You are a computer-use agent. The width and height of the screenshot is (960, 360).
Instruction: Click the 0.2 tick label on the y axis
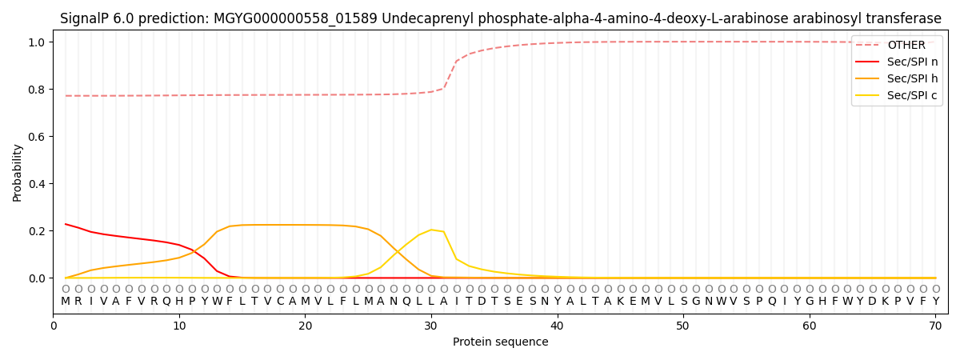click(x=37, y=231)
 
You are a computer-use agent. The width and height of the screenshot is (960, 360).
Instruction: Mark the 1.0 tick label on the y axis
click(x=37, y=42)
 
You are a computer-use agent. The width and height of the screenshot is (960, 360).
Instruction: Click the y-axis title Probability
click(x=18, y=173)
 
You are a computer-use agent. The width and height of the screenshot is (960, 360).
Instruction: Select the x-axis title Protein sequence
click(x=501, y=342)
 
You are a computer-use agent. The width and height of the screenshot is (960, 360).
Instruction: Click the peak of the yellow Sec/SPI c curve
click(x=431, y=230)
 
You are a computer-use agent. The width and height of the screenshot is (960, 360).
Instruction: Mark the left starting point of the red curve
click(x=66, y=224)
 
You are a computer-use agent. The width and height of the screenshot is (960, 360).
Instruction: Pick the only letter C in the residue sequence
click(x=280, y=301)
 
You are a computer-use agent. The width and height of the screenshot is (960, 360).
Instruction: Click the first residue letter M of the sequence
click(x=66, y=301)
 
